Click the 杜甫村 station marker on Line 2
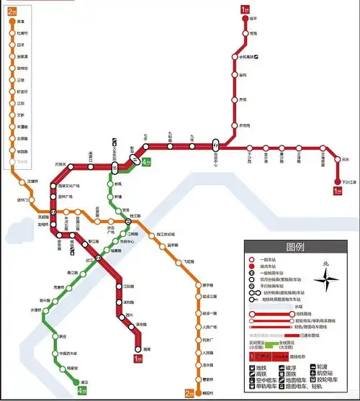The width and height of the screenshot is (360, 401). (11, 33)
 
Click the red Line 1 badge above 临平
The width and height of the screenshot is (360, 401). (245, 9)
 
